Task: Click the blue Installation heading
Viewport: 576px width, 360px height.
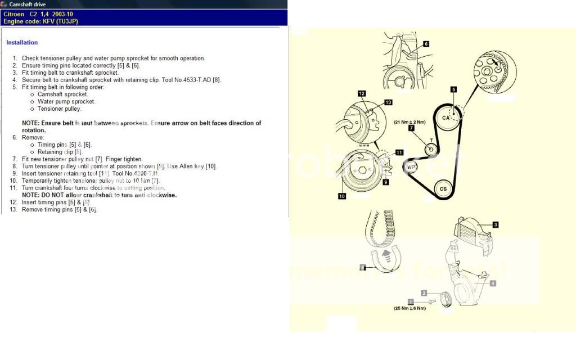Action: click(22, 43)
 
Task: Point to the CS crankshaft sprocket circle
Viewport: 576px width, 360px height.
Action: click(443, 188)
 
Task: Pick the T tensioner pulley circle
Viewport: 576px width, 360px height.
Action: click(430, 149)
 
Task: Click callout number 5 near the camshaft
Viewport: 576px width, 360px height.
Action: click(453, 89)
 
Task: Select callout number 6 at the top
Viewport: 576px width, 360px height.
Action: click(426, 43)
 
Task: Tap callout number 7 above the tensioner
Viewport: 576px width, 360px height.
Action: click(411, 128)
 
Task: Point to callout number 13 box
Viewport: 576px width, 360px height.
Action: click(388, 102)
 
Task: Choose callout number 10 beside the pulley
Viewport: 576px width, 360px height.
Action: click(341, 196)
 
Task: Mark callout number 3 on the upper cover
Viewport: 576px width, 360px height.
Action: click(495, 225)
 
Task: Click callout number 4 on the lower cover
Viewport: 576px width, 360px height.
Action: click(493, 283)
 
